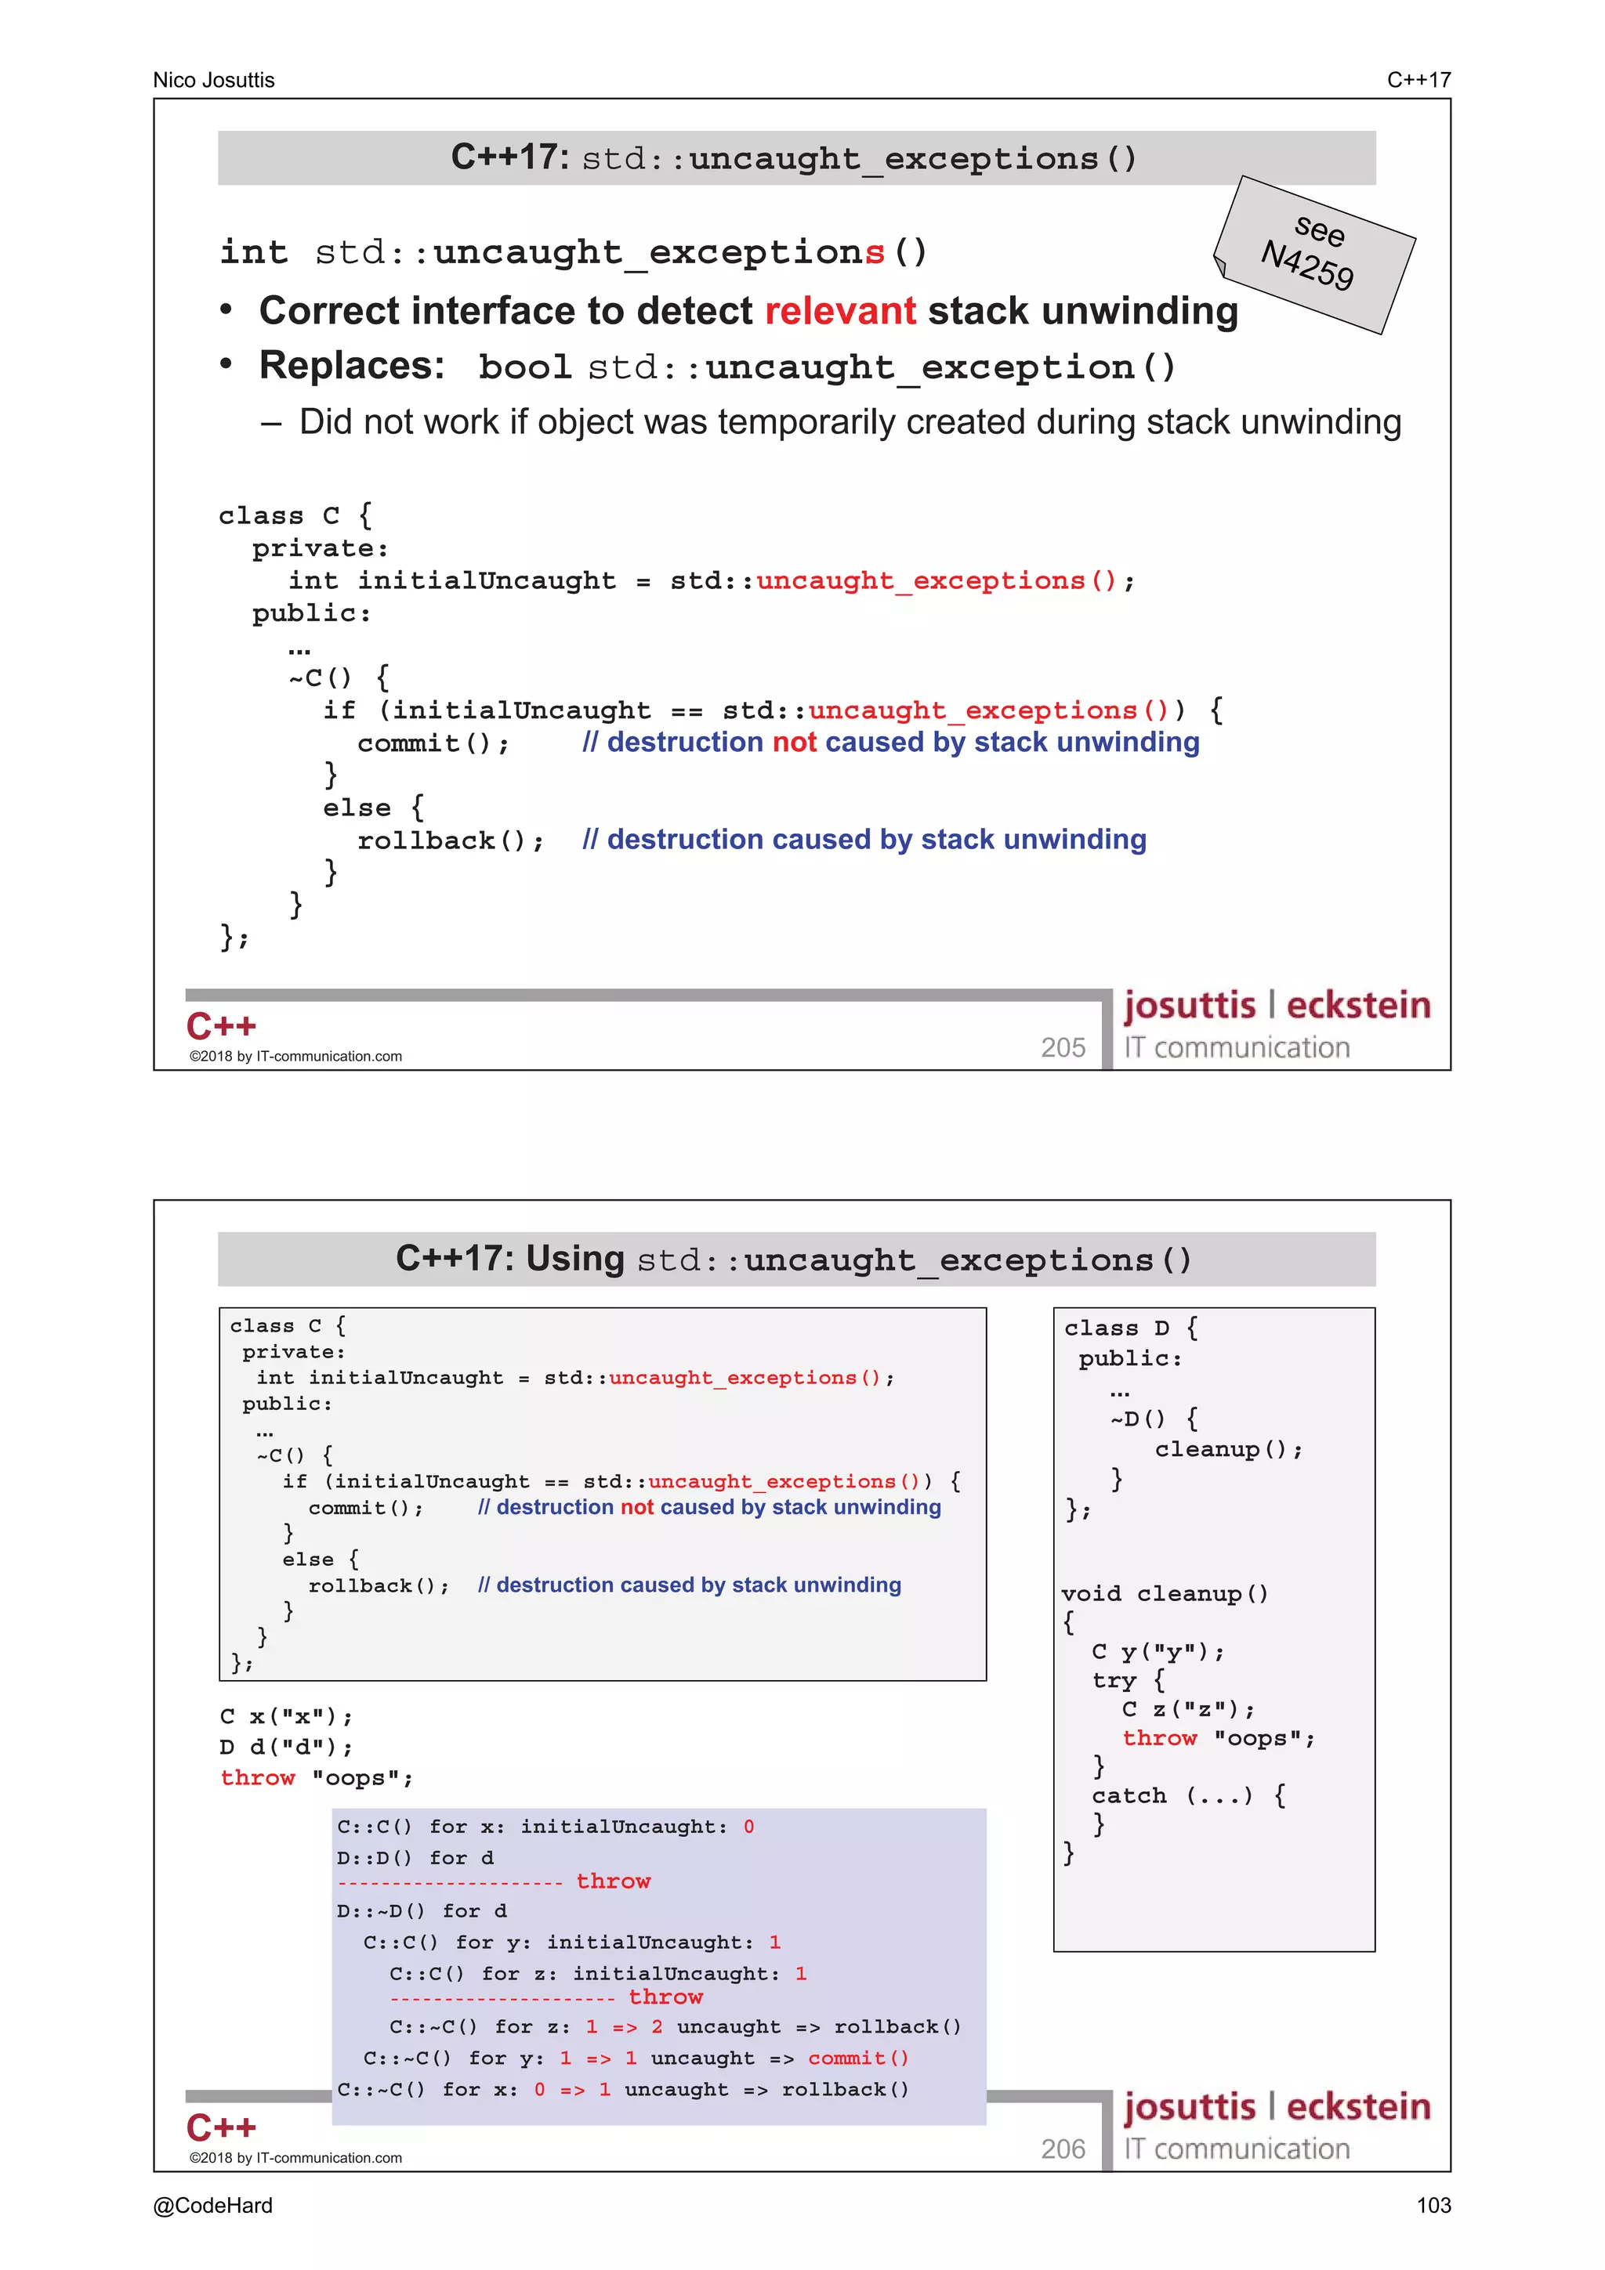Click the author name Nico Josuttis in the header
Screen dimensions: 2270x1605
click(x=214, y=80)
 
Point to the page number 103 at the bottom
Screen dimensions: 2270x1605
click(x=1433, y=2205)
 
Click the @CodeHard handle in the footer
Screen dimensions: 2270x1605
click(x=212, y=2205)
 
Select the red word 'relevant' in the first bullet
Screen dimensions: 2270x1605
click(x=841, y=312)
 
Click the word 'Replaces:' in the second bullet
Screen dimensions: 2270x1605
click(x=352, y=366)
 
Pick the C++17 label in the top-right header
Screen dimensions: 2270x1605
click(x=1418, y=80)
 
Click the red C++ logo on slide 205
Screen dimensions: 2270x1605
click(x=222, y=1026)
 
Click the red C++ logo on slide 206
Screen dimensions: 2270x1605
click(x=222, y=2127)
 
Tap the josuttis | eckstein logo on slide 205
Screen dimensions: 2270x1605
click(x=1277, y=1006)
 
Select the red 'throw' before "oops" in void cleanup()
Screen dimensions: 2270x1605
click(x=1159, y=1738)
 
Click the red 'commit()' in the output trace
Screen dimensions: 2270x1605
click(x=857, y=2058)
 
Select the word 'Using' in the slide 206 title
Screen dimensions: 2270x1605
click(x=574, y=1259)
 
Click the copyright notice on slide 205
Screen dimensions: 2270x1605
click(x=295, y=1056)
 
